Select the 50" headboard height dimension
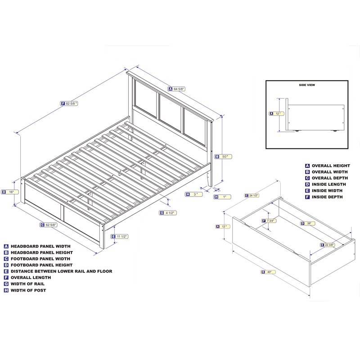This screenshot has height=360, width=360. pyautogui.click(x=223, y=157)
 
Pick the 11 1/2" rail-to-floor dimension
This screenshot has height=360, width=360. pyautogui.click(x=119, y=236)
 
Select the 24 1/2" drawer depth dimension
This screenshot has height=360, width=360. pyautogui.click(x=252, y=195)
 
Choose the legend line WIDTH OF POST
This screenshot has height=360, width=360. pyautogui.click(x=28, y=290)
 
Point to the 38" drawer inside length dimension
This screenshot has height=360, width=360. pyautogui.click(x=308, y=223)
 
